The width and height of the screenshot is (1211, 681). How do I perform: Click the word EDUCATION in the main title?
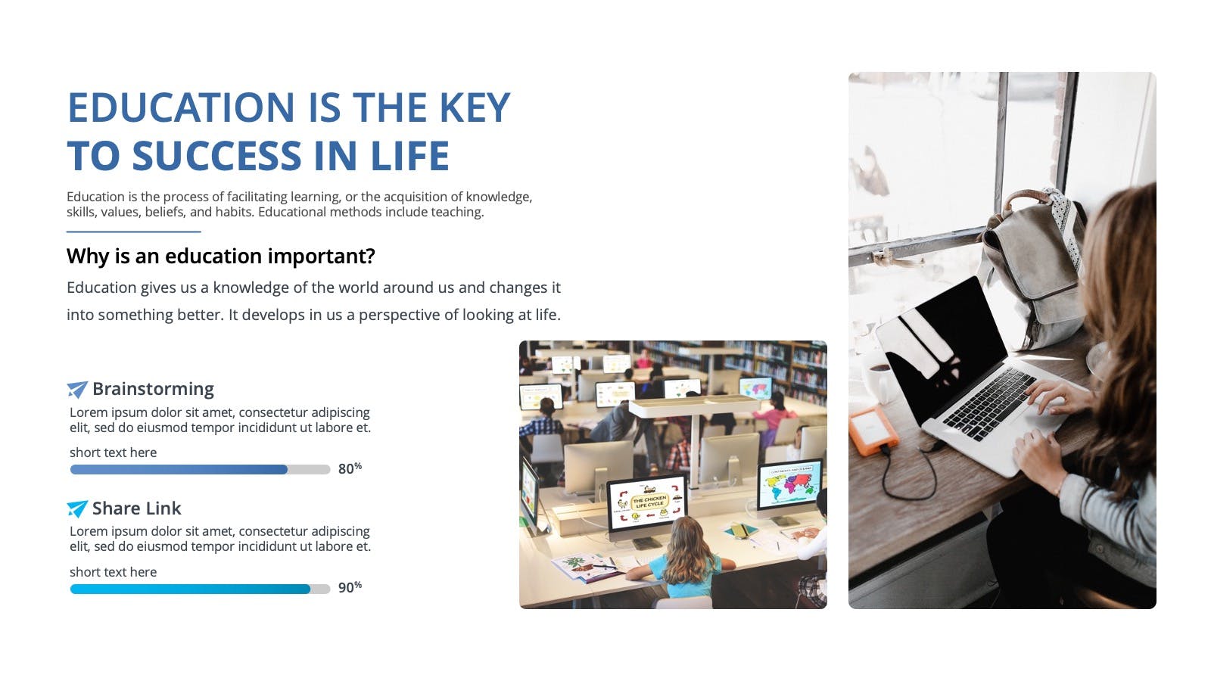click(x=181, y=107)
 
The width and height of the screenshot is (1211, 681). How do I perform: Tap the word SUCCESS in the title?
click(x=216, y=156)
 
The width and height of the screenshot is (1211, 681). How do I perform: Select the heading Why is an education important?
click(x=220, y=257)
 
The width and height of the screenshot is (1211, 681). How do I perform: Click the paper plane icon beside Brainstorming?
click(x=76, y=389)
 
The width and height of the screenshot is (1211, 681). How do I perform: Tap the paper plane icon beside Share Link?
click(x=76, y=508)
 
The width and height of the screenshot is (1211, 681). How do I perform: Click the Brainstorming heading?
click(x=153, y=389)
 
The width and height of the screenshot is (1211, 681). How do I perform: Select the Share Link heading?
click(x=136, y=508)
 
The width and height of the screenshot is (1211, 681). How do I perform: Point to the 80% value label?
click(x=350, y=468)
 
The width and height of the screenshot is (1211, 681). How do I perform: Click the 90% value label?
click(x=350, y=587)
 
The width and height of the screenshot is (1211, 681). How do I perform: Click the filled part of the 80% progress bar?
click(x=179, y=470)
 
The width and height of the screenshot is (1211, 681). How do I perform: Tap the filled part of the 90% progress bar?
click(x=190, y=589)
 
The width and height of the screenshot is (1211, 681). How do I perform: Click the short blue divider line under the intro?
click(x=133, y=232)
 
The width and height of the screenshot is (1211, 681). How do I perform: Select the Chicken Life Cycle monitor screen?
click(x=646, y=502)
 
